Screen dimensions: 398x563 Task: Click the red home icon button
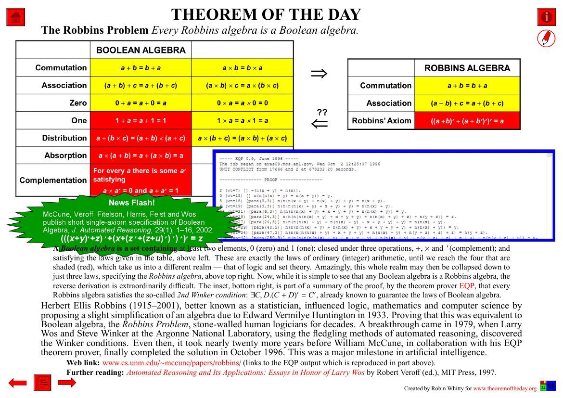pyautogui.click(x=15, y=17)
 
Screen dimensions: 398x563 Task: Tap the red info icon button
pyautogui.click(x=546, y=17)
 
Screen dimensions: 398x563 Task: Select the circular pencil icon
pyautogui.click(x=546, y=39)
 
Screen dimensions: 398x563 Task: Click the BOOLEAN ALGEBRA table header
pyautogui.click(x=141, y=50)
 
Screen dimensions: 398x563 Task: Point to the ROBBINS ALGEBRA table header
pyautogui.click(x=467, y=68)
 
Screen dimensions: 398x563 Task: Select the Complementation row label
pyautogui.click(x=53, y=180)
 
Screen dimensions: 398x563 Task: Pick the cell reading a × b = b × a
pyautogui.click(x=242, y=68)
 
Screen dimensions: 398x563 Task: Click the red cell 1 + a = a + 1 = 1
pyautogui.click(x=141, y=120)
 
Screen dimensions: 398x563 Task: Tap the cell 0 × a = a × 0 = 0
pyautogui.click(x=242, y=103)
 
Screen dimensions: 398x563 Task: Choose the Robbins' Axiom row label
pyautogui.click(x=382, y=121)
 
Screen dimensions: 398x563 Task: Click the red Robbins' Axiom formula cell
pyautogui.click(x=467, y=121)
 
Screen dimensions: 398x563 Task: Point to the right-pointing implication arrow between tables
pyautogui.click(x=319, y=73)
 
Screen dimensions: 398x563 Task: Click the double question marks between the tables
pyautogui.click(x=322, y=112)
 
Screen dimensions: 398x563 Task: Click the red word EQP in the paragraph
pyautogui.click(x=466, y=286)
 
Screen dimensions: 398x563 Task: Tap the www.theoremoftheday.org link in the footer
pyautogui.click(x=504, y=388)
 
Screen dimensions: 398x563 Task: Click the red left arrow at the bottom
pyautogui.click(x=18, y=383)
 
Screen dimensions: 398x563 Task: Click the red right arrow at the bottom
pyautogui.click(x=67, y=383)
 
